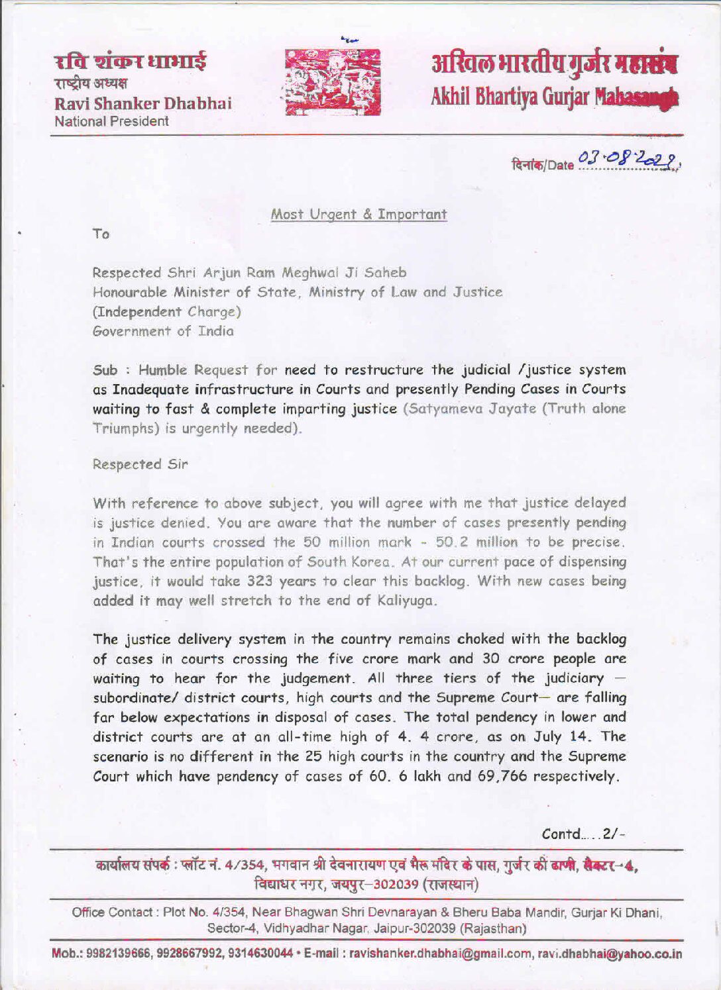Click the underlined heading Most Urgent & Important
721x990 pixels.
coord(359,214)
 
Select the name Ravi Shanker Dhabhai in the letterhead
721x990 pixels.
coord(142,104)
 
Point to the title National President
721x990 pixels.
coord(111,121)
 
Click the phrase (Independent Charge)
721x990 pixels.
coord(166,311)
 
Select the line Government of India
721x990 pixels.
coord(163,331)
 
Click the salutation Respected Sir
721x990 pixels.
coord(140,464)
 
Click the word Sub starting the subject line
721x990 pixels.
coord(105,370)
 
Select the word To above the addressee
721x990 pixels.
coord(101,234)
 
